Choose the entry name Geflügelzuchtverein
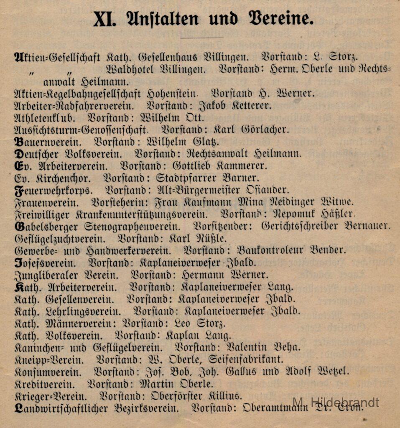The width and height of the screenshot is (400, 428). click(x=60, y=239)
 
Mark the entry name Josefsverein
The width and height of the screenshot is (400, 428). click(x=45, y=263)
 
